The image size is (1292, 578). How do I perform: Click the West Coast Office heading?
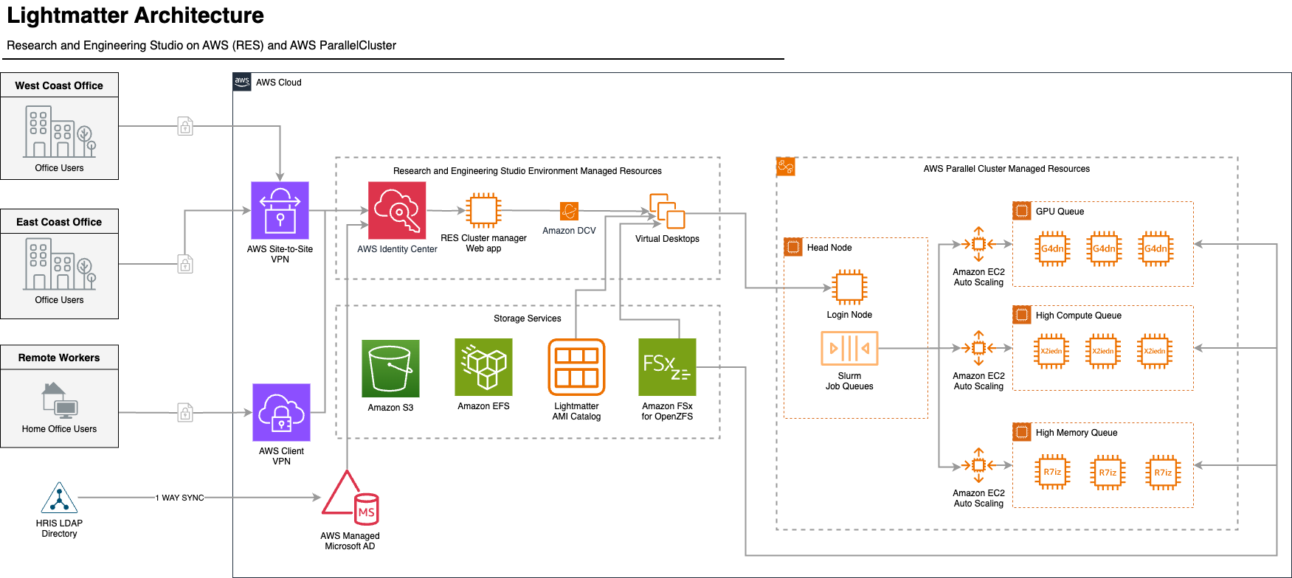pos(59,86)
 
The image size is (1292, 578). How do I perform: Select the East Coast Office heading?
pos(59,222)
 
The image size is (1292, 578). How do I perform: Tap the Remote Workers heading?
pos(59,358)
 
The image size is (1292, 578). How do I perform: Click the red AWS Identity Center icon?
pos(397,211)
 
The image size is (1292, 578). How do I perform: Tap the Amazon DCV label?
pos(569,231)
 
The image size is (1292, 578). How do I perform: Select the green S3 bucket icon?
pos(390,369)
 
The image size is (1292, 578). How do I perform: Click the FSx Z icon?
pos(667,367)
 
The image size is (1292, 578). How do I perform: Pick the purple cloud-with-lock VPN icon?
pos(281,412)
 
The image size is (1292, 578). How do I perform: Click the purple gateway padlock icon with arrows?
pos(280,210)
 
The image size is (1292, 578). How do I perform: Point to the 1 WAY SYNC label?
pos(180,498)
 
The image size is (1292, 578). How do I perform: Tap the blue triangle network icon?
pos(59,498)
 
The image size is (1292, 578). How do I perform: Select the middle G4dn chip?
pos(1104,248)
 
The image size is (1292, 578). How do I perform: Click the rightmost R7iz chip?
pos(1163,473)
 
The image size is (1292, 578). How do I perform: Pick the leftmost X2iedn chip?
pos(1051,351)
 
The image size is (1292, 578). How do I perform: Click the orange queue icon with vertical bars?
pos(849,348)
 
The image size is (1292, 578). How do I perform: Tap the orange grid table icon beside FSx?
pos(576,367)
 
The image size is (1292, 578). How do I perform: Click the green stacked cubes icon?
pos(483,367)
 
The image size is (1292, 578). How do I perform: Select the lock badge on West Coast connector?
pos(185,126)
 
